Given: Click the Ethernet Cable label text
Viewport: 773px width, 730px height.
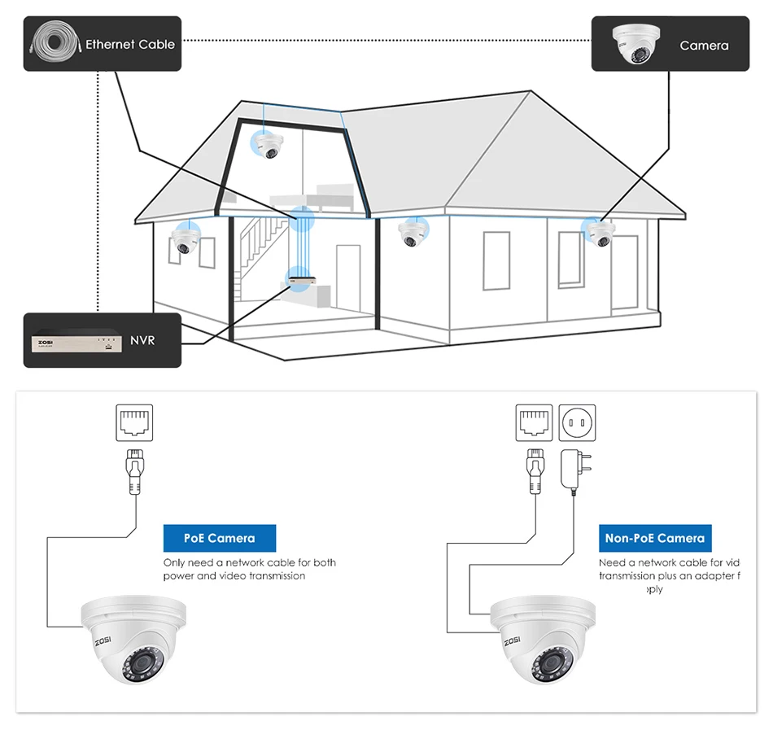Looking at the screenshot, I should pyautogui.click(x=130, y=44).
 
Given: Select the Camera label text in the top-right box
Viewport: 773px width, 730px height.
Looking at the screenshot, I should pyautogui.click(x=704, y=46).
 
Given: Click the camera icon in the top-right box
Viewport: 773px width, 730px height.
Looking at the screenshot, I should pyautogui.click(x=635, y=43).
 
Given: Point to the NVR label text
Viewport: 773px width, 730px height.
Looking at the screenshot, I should pyautogui.click(x=142, y=339).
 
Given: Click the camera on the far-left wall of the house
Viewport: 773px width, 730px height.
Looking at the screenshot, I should pyautogui.click(x=185, y=239).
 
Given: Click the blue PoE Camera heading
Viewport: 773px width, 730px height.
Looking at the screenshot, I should pyautogui.click(x=220, y=538).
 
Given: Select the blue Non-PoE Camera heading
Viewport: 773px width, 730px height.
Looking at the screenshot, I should pyautogui.click(x=654, y=538).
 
